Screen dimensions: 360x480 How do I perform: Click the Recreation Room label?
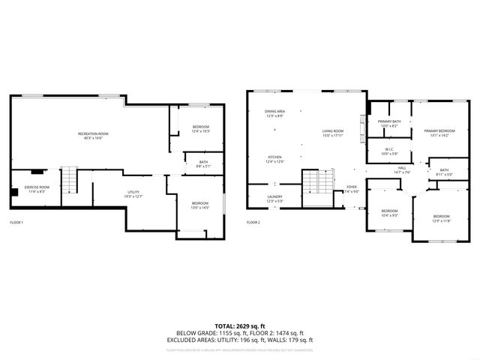[94, 136]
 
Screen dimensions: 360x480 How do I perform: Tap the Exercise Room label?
[36, 189]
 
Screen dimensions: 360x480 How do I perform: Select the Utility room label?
[133, 194]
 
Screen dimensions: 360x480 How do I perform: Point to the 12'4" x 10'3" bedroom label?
[200, 128]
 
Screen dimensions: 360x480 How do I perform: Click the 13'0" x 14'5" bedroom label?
[199, 205]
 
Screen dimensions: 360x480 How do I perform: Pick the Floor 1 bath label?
[203, 164]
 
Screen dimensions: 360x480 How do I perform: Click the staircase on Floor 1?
[69, 180]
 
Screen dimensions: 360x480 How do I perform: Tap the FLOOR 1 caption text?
[16, 223]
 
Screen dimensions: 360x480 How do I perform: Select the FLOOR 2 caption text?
[253, 223]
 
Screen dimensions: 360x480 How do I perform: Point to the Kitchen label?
[274, 160]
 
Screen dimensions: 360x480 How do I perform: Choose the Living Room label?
[332, 133]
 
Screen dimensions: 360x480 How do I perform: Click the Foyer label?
[351, 189]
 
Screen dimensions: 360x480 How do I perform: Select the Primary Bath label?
[388, 124]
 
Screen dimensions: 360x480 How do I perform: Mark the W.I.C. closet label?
[388, 151]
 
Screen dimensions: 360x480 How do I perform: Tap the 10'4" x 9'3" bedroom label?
[389, 213]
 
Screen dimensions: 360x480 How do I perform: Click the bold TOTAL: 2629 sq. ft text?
[240, 325]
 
